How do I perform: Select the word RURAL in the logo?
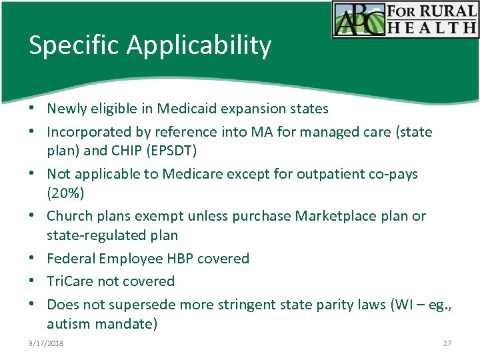coord(446,11)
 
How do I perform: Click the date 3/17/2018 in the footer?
coord(47,343)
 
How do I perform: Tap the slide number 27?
coord(447,343)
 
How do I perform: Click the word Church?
coord(69,216)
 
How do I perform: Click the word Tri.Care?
coord(71,281)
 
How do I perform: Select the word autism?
coord(68,325)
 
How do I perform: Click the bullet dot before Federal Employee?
coord(33,259)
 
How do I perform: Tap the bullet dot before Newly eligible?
coord(33,109)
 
